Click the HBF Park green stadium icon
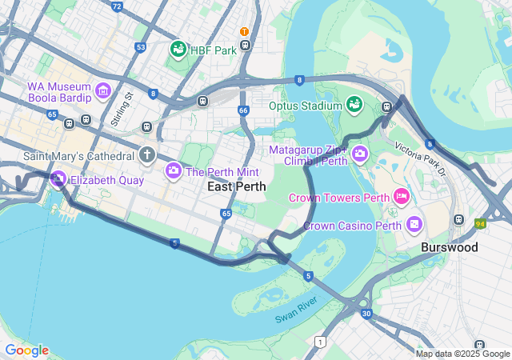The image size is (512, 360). pyautogui.click(x=178, y=50)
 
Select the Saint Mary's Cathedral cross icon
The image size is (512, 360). pyautogui.click(x=146, y=154)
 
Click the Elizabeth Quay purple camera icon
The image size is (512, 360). pyautogui.click(x=58, y=180)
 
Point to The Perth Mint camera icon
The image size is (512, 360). pyautogui.click(x=174, y=170)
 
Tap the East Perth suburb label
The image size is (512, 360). pyautogui.click(x=236, y=186)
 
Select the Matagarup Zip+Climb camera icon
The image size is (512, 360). pyautogui.click(x=360, y=152)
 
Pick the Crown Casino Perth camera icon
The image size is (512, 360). pyautogui.click(x=414, y=224)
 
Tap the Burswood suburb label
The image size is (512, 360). pyautogui.click(x=450, y=248)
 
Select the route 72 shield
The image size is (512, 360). pyautogui.click(x=117, y=6)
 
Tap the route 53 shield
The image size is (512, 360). pyautogui.click(x=141, y=48)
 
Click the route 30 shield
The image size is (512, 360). pyautogui.click(x=366, y=313)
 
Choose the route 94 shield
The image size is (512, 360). pyautogui.click(x=481, y=223)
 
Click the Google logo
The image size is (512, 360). pyautogui.click(x=26, y=350)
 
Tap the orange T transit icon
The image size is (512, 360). pyautogui.click(x=245, y=31)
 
